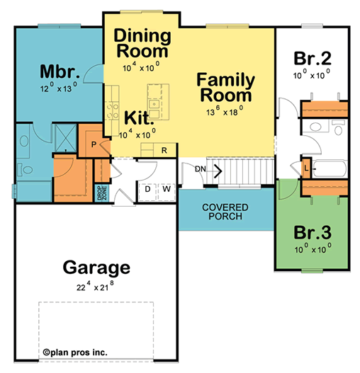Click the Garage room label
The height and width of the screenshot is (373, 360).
click(x=96, y=268)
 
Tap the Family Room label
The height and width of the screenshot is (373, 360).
click(x=225, y=88)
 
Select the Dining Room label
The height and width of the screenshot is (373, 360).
click(x=142, y=43)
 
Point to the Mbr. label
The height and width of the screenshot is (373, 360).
click(x=60, y=71)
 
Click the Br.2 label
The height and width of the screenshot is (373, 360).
click(x=313, y=58)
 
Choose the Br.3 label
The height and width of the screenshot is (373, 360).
click(x=313, y=232)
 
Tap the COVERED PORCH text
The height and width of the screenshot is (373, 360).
click(x=225, y=212)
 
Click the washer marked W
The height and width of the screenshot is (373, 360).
click(x=167, y=189)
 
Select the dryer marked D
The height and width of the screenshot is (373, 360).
click(x=147, y=189)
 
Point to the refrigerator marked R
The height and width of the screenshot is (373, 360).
click(x=164, y=150)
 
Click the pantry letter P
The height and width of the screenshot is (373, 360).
click(x=94, y=144)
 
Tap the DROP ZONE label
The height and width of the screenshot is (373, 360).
click(x=102, y=193)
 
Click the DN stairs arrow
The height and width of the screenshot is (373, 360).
click(x=218, y=171)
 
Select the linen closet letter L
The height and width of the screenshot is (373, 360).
click(x=306, y=168)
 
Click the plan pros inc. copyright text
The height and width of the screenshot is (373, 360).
click(x=75, y=352)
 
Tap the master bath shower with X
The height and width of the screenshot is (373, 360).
click(x=65, y=138)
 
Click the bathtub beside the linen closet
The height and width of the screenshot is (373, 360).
click(x=330, y=168)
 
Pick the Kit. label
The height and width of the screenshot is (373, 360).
click(x=139, y=118)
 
